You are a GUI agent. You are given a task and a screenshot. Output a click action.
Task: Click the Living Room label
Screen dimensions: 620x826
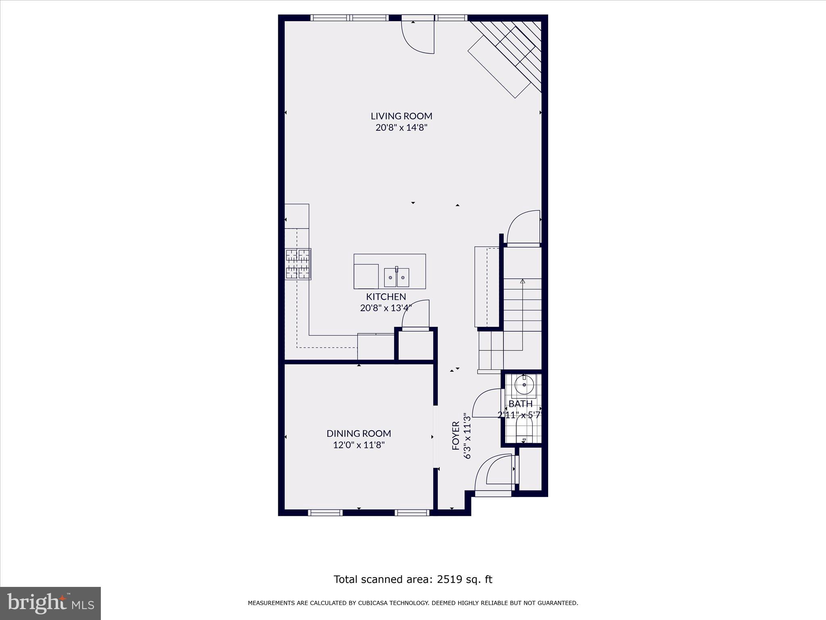click(401, 116)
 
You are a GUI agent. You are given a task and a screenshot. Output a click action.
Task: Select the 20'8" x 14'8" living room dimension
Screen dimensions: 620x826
click(401, 128)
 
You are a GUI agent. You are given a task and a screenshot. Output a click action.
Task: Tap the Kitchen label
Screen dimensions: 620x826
click(386, 297)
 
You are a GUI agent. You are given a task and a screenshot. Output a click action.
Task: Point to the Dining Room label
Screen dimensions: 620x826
click(359, 434)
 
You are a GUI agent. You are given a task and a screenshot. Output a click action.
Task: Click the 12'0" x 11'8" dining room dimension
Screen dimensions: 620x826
click(359, 445)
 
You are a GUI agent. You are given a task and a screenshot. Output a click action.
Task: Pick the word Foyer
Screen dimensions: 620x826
click(456, 436)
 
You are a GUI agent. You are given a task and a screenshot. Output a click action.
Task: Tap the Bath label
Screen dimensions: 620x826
click(520, 404)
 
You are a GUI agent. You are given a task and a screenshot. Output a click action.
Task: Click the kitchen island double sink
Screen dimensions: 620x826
click(396, 277)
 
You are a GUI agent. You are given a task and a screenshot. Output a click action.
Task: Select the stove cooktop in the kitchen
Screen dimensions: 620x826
click(298, 264)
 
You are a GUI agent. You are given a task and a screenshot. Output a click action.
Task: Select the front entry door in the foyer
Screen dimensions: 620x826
click(494, 476)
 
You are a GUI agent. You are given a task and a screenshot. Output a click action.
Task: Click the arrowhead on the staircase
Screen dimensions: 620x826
click(523, 281)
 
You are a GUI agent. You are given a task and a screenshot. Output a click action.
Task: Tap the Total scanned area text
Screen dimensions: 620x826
click(413, 579)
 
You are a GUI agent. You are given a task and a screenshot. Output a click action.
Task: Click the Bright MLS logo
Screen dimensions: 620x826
click(50, 603)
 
